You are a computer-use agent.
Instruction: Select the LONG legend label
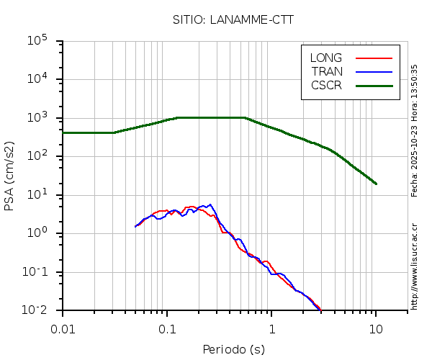click(x=326, y=58)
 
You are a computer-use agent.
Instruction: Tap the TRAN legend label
click(x=327, y=71)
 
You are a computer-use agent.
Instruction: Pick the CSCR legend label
click(x=326, y=85)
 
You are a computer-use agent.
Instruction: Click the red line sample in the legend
click(x=374, y=58)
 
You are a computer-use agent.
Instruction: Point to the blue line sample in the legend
click(x=374, y=71)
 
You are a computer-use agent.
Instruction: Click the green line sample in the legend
click(x=374, y=85)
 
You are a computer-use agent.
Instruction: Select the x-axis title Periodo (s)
click(x=233, y=350)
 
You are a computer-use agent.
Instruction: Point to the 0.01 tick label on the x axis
click(x=63, y=328)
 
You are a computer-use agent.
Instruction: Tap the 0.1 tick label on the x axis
click(x=167, y=328)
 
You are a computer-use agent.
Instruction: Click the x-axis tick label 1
click(x=271, y=328)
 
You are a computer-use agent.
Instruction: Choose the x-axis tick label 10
click(x=376, y=328)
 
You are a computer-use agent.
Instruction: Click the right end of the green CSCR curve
click(x=376, y=184)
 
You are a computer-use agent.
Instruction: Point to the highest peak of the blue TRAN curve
click(x=210, y=204)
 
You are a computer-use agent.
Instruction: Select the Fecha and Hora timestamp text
click(x=415, y=130)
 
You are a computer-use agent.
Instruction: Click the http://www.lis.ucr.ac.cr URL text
click(x=415, y=266)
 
